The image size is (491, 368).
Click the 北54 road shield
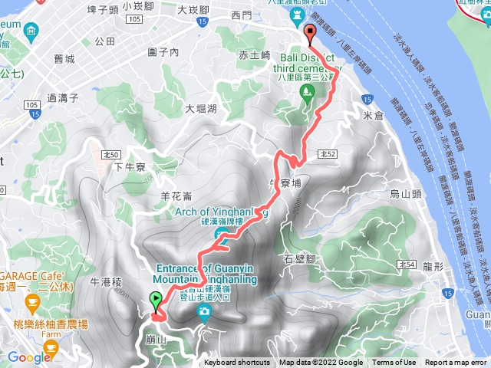point(407,264)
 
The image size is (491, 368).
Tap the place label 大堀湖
point(201,109)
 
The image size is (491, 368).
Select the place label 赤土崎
point(255,55)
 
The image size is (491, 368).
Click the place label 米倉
point(373,115)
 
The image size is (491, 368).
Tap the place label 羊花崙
point(176,195)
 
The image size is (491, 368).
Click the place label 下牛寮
point(129,166)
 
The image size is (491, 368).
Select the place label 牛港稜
point(106,261)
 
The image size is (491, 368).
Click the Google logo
point(28,357)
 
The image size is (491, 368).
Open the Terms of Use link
point(394,363)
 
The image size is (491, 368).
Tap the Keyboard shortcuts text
point(237,363)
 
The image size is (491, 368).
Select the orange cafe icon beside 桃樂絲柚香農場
point(50,347)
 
